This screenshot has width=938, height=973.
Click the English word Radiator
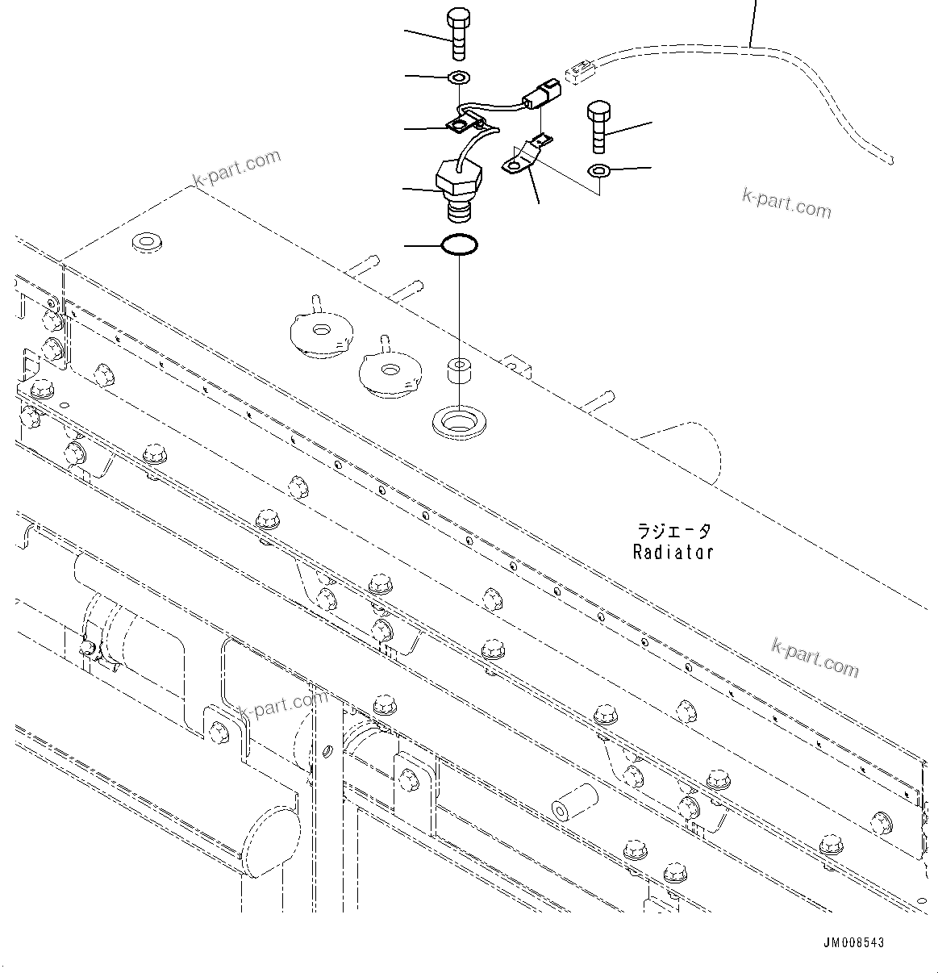673,553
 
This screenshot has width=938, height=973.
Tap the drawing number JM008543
854,942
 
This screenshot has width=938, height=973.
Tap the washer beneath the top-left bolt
459,78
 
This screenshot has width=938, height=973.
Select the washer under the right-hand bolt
599,170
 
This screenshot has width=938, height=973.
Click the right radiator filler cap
390,371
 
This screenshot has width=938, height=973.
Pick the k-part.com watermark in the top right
786,204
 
